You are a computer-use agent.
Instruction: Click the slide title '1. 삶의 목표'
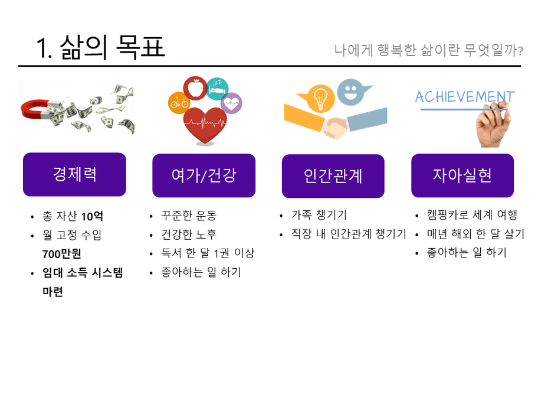click(x=100, y=47)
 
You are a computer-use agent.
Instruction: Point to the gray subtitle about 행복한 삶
click(x=428, y=50)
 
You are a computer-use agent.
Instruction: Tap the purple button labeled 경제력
click(x=74, y=174)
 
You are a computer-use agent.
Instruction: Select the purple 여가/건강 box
click(x=204, y=175)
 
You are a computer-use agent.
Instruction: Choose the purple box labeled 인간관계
click(x=333, y=176)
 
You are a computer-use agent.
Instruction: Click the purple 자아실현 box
click(x=462, y=175)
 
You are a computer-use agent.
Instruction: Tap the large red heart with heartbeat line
click(x=205, y=125)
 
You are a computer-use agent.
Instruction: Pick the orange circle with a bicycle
click(x=179, y=103)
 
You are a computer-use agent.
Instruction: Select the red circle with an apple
click(x=195, y=88)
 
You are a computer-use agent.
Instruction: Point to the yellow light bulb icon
click(x=320, y=99)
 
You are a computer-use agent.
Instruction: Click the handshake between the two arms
click(x=335, y=128)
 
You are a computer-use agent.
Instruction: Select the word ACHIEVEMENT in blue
click(x=465, y=97)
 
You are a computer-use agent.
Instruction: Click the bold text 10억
click(x=92, y=216)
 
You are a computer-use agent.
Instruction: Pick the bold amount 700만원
click(x=62, y=254)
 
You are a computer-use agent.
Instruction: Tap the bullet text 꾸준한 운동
click(x=189, y=216)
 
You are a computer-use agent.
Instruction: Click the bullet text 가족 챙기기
click(x=319, y=215)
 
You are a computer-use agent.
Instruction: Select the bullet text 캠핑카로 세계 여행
click(x=472, y=215)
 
